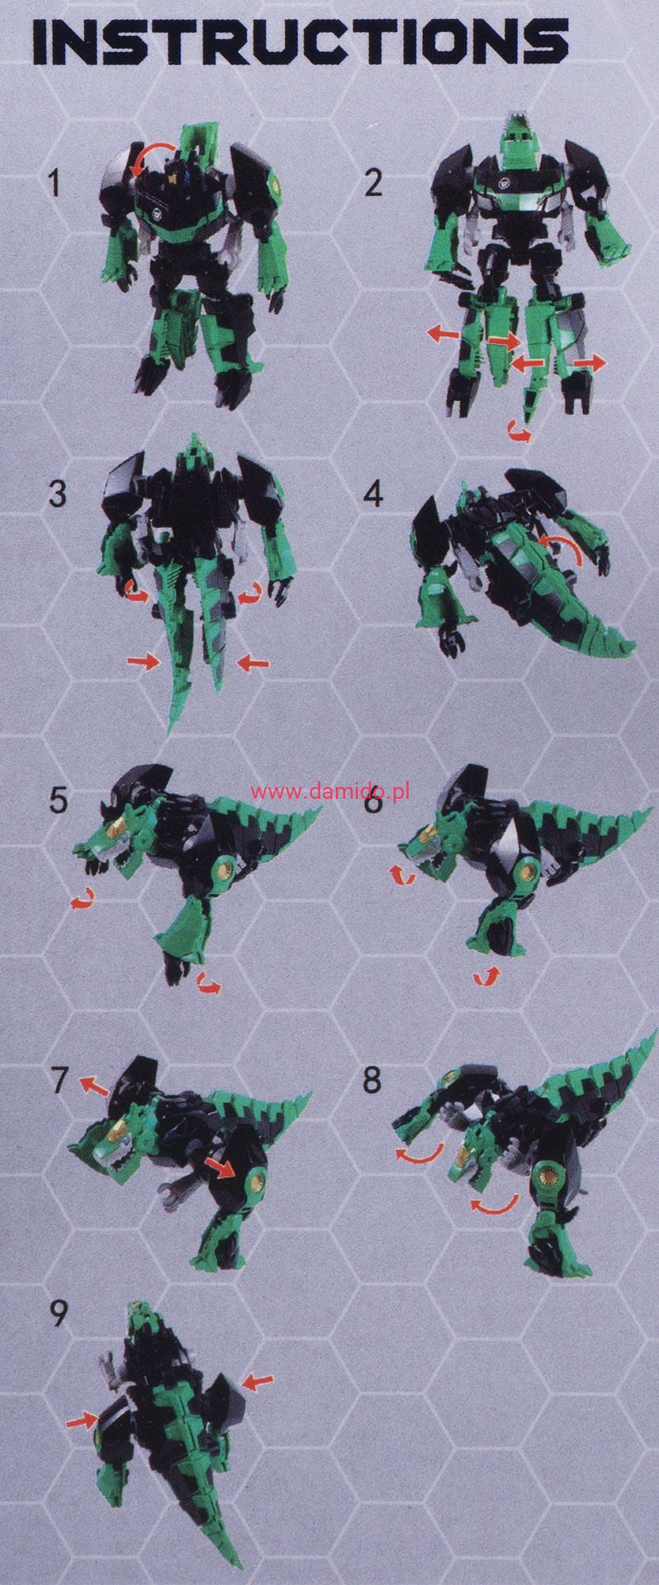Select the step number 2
point(373,183)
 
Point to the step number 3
point(58,494)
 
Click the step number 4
point(373,494)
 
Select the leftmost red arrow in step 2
point(443,335)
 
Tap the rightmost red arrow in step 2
point(589,362)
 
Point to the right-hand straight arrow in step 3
point(253,661)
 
